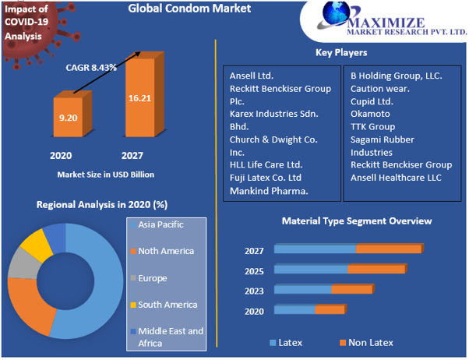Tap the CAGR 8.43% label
(x=91, y=67)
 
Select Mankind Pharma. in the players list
(x=269, y=190)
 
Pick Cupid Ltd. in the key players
(x=372, y=101)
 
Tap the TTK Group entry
(x=372, y=126)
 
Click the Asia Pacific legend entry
(x=161, y=224)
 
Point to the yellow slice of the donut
(x=36, y=244)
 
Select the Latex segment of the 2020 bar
(x=294, y=310)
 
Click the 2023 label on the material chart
(x=254, y=291)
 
